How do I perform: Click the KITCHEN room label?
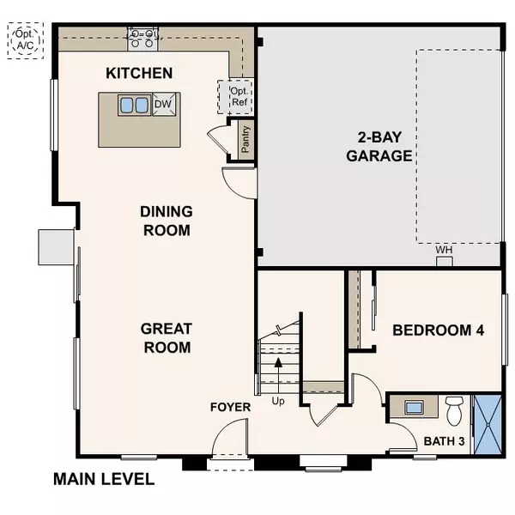[x=139, y=74]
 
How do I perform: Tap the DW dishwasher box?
[x=163, y=105]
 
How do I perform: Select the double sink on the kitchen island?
[x=134, y=106]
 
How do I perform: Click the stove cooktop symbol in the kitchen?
[x=144, y=35]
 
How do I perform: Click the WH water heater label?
[x=444, y=251]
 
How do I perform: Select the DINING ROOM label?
[x=167, y=221]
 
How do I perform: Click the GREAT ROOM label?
[x=167, y=337]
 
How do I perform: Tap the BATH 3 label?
[x=445, y=442]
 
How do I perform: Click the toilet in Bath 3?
[x=456, y=409]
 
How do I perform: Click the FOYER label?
[x=230, y=407]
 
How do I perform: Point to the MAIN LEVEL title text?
[x=104, y=479]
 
